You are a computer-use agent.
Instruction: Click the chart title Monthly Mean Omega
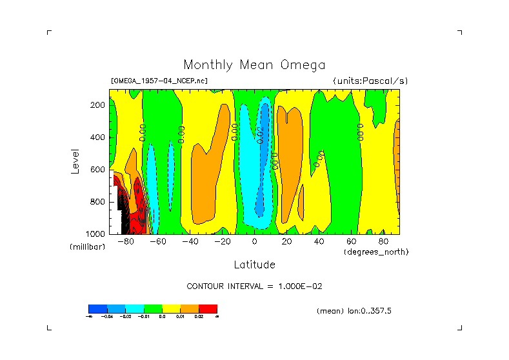tap(254, 65)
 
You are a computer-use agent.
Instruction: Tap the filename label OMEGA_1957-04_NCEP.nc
tap(159, 81)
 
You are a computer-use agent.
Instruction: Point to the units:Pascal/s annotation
tap(370, 81)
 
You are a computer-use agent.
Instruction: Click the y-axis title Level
tap(75, 160)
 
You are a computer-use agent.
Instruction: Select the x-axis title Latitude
tap(254, 265)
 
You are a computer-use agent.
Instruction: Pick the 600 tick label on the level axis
tap(98, 170)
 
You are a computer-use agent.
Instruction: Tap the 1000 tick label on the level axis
tap(96, 234)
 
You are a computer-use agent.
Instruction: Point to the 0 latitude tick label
tap(254, 241)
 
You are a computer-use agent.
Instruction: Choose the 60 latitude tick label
tap(351, 241)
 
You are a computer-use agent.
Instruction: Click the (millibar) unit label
tap(87, 248)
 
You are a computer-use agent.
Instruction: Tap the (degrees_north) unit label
tap(376, 252)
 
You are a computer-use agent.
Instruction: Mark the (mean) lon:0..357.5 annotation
tap(354, 311)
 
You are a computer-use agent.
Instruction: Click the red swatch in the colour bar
tap(208, 308)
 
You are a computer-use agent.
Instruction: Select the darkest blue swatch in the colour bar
tap(97, 308)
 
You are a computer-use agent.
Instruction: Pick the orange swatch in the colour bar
tap(190, 308)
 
